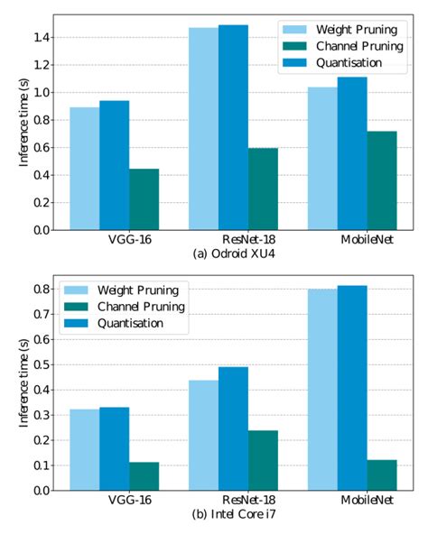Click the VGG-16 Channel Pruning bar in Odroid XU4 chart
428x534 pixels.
(x=144, y=199)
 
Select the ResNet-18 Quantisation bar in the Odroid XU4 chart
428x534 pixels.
(x=233, y=127)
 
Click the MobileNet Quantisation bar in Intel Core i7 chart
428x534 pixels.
(x=352, y=388)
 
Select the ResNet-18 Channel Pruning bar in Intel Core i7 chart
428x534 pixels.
(x=263, y=460)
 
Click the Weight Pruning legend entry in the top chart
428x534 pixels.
(x=352, y=29)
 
